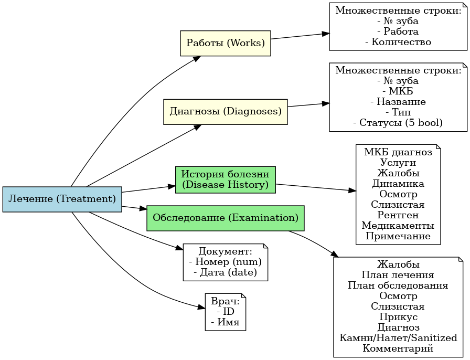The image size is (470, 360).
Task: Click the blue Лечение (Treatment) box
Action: pyautogui.click(x=62, y=199)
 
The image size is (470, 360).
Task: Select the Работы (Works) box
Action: pyautogui.click(x=225, y=43)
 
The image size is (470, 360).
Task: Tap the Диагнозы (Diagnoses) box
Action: pyautogui.click(x=225, y=112)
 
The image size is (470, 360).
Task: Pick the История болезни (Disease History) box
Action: pyautogui.click(x=225, y=179)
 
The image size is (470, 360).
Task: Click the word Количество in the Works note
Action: pyautogui.click(x=398, y=42)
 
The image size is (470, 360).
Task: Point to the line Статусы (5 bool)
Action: pyautogui.click(x=398, y=123)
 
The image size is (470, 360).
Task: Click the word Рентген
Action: pyautogui.click(x=398, y=215)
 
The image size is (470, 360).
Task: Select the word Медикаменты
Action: pyautogui.click(x=398, y=225)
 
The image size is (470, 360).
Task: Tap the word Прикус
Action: pyautogui.click(x=398, y=316)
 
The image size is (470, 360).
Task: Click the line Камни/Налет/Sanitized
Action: pyautogui.click(x=398, y=337)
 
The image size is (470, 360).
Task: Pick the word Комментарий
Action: pyautogui.click(x=398, y=348)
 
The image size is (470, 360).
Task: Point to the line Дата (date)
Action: pyautogui.click(x=225, y=272)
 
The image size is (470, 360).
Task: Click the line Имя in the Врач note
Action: pyautogui.click(x=225, y=322)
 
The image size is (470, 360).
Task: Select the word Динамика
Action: pyautogui.click(x=398, y=184)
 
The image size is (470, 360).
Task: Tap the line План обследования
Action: pyautogui.click(x=398, y=285)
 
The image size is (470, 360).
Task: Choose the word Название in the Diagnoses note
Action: pyautogui.click(x=398, y=102)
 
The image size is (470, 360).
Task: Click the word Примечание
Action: pyautogui.click(x=398, y=236)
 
